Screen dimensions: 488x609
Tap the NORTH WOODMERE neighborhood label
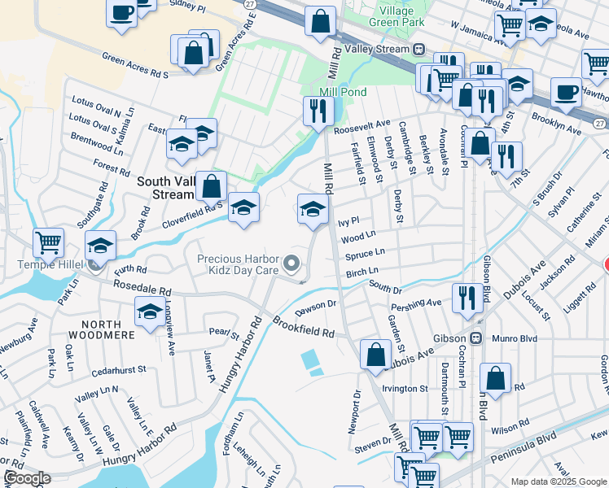click(107, 330)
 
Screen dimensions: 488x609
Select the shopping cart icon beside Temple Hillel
click(49, 242)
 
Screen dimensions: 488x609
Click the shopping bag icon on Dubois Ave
click(375, 355)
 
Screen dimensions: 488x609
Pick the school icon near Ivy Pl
click(313, 208)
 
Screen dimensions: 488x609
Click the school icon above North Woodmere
click(150, 312)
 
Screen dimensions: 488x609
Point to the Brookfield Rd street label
click(304, 328)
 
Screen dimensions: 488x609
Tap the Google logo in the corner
click(27, 478)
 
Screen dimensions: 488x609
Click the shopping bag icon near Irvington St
click(495, 377)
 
